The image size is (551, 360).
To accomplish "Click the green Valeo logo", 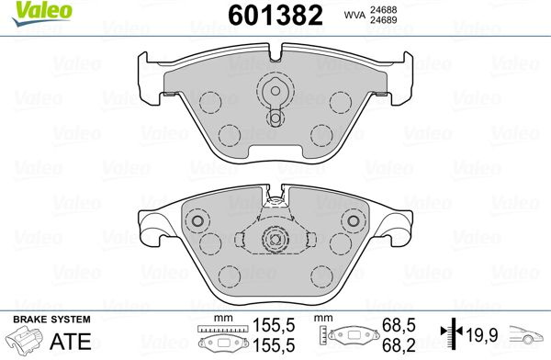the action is click(x=42, y=13).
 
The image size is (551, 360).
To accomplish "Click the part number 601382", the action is click(x=275, y=16).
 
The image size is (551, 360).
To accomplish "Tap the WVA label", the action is click(x=354, y=15).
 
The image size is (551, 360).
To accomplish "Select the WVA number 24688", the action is click(x=383, y=10).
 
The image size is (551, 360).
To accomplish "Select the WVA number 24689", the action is click(x=383, y=20).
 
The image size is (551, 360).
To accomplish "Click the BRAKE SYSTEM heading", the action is click(x=51, y=320).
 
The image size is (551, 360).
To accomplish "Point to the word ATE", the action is click(x=71, y=341).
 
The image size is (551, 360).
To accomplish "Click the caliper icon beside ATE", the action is click(x=25, y=340).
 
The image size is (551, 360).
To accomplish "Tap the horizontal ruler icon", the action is click(x=223, y=329).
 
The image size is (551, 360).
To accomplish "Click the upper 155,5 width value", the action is click(x=274, y=325).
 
